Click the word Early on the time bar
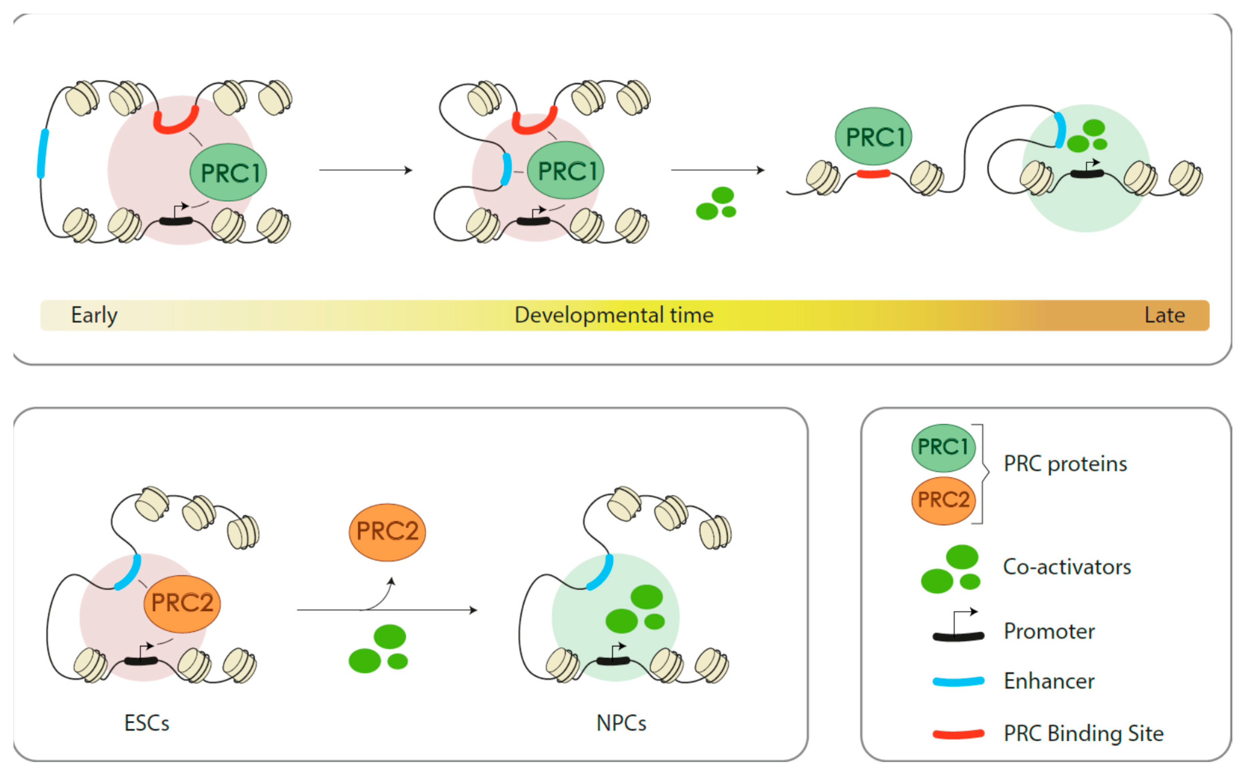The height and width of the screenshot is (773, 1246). click(x=94, y=315)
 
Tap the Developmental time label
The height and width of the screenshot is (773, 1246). click(x=614, y=315)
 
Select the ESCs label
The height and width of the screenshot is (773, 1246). click(x=147, y=723)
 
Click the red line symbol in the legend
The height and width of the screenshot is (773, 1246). click(x=958, y=734)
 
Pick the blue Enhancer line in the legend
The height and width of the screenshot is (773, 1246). click(x=958, y=681)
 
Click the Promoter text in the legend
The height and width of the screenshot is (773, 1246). click(x=1049, y=631)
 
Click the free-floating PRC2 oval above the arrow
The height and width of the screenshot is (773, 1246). click(x=387, y=532)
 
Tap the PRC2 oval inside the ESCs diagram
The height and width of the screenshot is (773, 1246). click(x=182, y=603)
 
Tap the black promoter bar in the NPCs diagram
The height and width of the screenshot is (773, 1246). click(x=613, y=661)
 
